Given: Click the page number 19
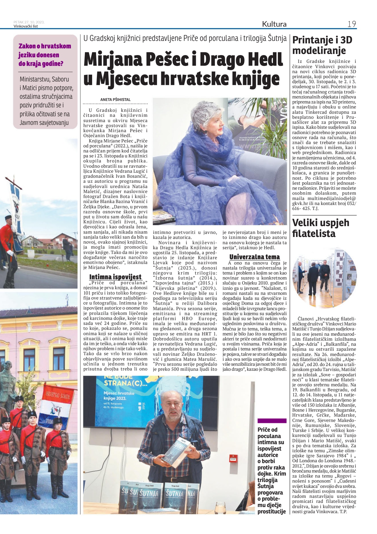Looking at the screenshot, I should pos(351,24).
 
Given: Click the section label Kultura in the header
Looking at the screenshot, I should pos(274,24).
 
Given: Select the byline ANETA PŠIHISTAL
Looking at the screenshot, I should pos(115,100).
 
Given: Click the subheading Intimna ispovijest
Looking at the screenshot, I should pos(115,277).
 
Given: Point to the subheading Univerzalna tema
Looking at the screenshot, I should pos(254,257).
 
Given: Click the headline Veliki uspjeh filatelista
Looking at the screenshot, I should pos(321,228).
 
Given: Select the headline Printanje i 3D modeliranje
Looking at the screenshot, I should pos(322,45).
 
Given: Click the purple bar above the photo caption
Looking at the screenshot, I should pos(272,421).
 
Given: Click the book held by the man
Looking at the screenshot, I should pos(178,453).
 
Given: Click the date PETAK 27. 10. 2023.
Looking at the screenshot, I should pos(29,22).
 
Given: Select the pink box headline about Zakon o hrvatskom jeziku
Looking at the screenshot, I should pos(45,55).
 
